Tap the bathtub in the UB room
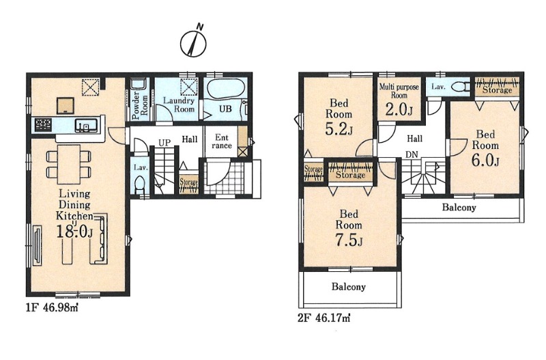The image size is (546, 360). tap(225, 89)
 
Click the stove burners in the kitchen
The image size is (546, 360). tap(43, 125)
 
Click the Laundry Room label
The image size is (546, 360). tap(179, 105)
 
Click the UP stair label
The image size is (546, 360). tap(164, 143)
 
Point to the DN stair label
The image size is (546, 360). tap(412, 154)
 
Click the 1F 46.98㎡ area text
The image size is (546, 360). tap(53, 307)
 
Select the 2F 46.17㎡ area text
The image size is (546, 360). tap(324, 318)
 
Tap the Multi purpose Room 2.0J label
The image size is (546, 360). tap(399, 100)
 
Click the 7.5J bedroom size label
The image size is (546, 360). tap(349, 241)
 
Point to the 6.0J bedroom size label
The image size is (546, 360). tap(486, 161)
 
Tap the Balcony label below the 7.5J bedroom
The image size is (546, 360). tap(349, 287)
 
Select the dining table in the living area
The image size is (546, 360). tap(69, 164)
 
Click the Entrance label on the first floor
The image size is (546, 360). tap(221, 141)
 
